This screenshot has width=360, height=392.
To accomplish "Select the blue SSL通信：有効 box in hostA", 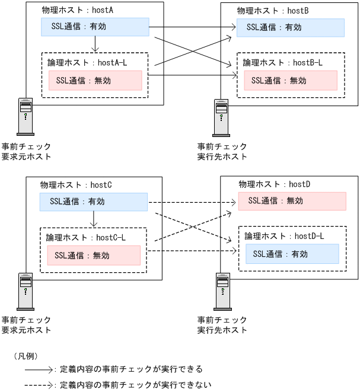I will point(95,27).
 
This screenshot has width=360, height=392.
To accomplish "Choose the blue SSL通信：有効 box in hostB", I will point(290,27).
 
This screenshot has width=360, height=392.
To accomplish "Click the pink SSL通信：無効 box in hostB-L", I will point(290,80).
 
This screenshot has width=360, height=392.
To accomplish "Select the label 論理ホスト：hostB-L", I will point(283,62).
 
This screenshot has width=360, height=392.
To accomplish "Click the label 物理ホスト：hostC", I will point(76,185).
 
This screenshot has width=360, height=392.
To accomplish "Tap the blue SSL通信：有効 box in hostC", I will point(93,202).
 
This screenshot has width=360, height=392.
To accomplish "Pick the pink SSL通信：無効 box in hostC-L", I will point(93,256).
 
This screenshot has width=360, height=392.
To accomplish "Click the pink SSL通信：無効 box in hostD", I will point(292,201).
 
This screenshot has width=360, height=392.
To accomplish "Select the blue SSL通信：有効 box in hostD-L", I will point(292,254).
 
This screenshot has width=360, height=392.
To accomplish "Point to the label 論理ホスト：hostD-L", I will point(285,236).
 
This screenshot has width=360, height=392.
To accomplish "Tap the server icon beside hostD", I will point(222,291).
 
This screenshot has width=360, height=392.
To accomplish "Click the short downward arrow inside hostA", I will point(95,44).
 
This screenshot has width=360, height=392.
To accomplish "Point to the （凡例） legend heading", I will point(26,356).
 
